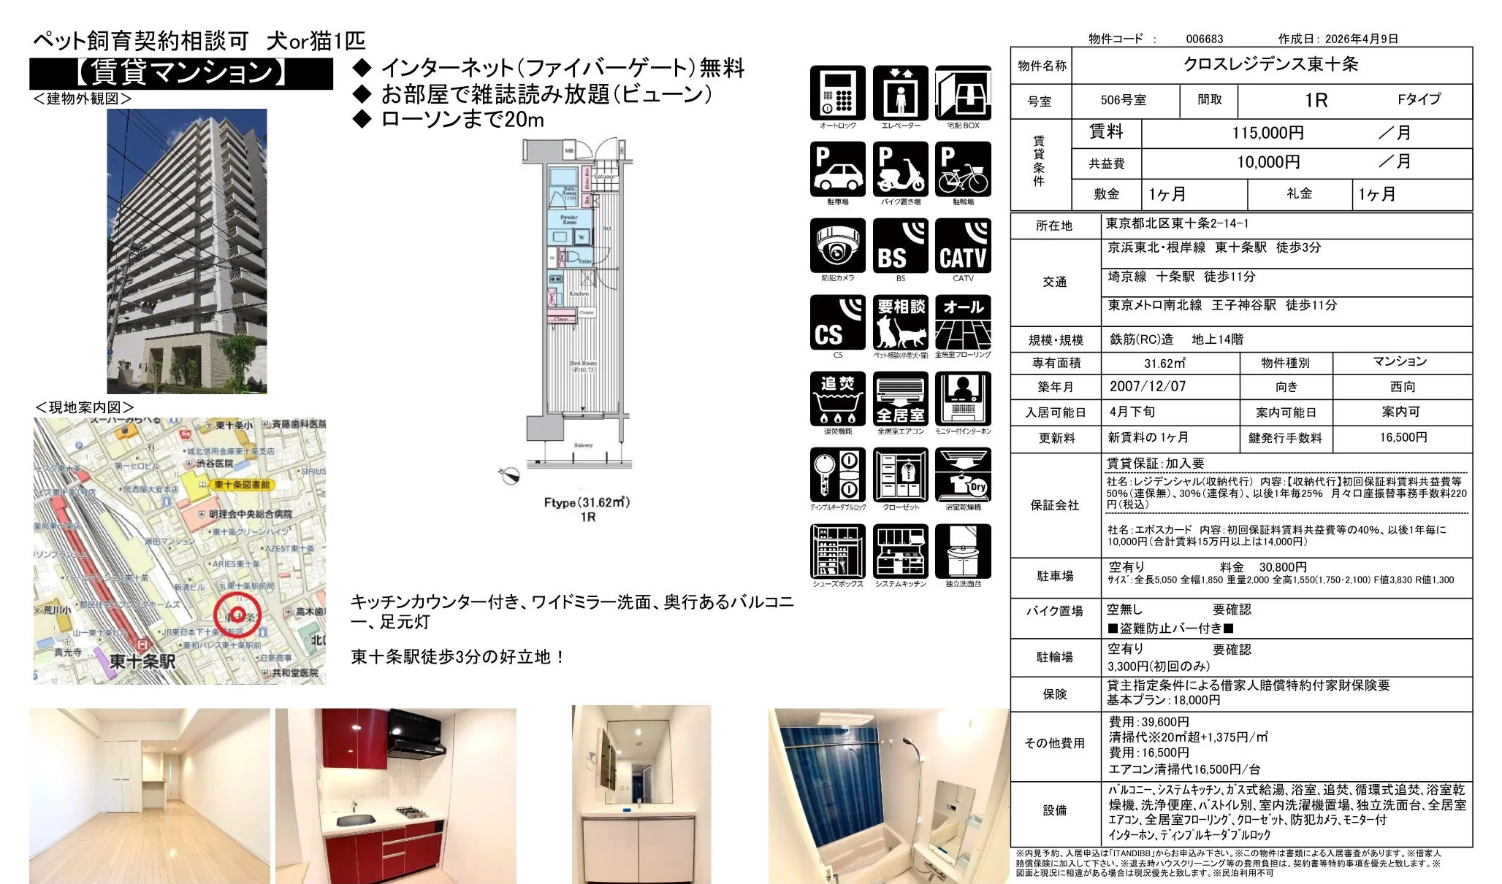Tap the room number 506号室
[1123, 100]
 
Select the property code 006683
[1204, 39]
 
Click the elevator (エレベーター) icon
[900, 93]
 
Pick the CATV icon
[963, 246]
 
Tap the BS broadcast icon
[900, 246]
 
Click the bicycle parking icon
[963, 170]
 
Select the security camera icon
[837, 246]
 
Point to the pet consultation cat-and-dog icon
[900, 323]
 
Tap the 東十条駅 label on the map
[142, 661]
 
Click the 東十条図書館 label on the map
[241, 485]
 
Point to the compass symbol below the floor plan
[509, 476]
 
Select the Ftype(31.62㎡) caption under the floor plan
[587, 502]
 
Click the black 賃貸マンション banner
[180, 73]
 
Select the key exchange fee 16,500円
[1403, 437]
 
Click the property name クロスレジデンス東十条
[1270, 64]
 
